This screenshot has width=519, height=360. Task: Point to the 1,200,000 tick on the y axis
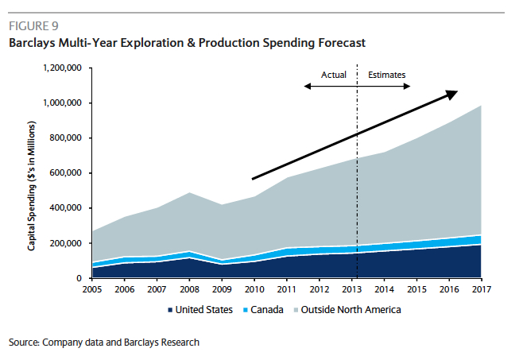click(63, 68)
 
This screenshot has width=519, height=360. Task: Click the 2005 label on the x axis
click(93, 290)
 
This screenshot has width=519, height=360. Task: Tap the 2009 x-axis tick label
click(223, 290)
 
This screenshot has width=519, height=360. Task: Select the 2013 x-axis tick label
click(352, 290)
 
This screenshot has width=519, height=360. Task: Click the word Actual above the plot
click(334, 75)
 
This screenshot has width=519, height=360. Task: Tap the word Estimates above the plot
click(387, 75)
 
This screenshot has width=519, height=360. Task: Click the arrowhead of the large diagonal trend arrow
click(451, 94)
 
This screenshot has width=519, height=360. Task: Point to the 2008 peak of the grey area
click(190, 193)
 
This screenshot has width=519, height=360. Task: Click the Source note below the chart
click(104, 343)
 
